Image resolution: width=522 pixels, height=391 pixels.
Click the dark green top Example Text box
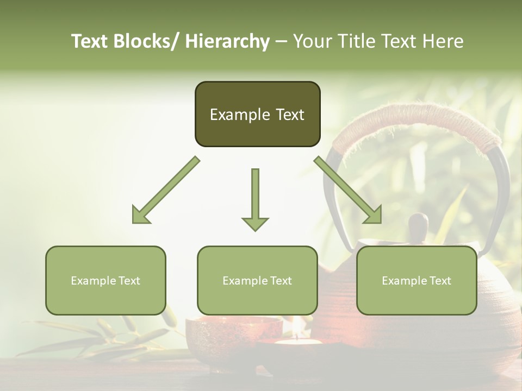257,114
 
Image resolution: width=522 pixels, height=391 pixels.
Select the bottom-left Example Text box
105,280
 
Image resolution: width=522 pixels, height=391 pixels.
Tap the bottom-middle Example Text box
257,280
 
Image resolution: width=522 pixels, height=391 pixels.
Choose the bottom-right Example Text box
417,280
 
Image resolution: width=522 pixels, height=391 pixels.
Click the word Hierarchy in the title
227,41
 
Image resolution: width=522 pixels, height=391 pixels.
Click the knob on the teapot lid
418,224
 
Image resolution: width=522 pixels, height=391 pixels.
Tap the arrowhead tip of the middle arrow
255,229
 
